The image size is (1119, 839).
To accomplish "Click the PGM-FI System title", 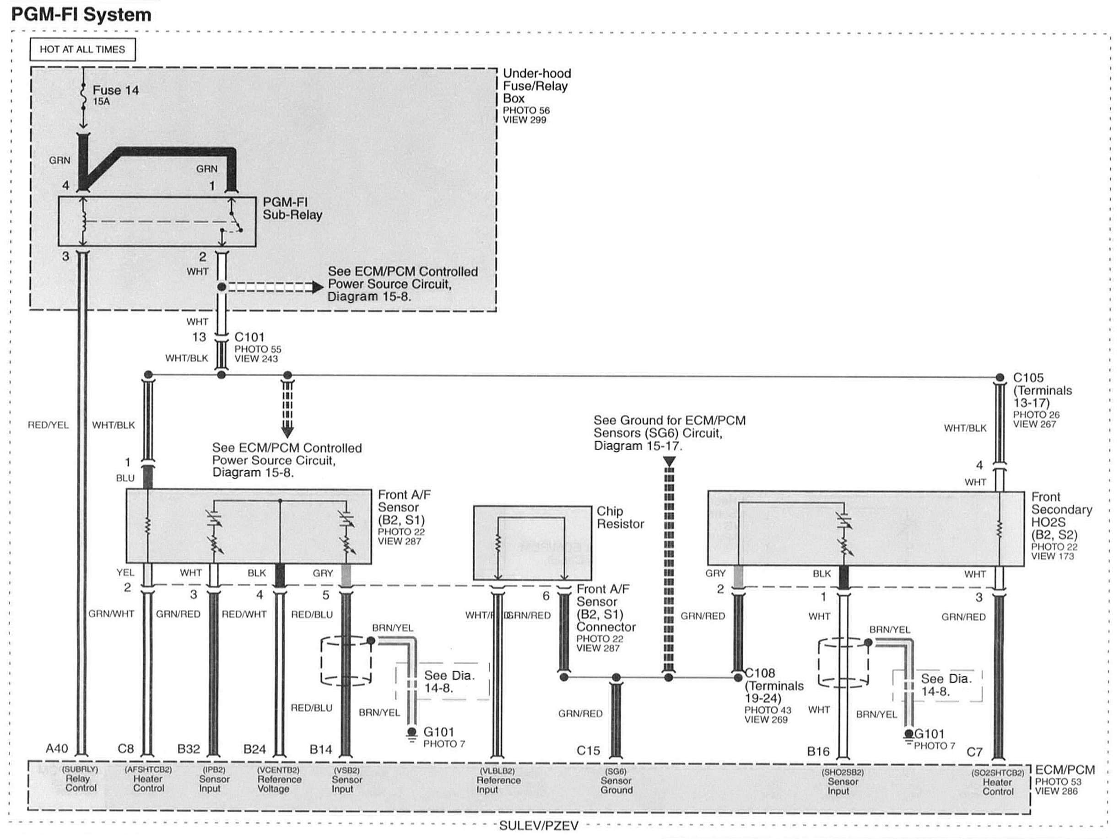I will click(81, 14).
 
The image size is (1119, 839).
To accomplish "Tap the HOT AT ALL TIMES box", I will click(82, 49).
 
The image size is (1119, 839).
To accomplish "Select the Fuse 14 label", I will click(115, 91).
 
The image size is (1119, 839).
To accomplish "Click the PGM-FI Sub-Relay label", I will click(292, 208).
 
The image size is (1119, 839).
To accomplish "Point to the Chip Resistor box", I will click(532, 543).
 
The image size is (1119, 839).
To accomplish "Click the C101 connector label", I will click(249, 337).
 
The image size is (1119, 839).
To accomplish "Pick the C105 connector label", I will click(1028, 378).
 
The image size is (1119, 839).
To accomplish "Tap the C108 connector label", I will click(760, 673).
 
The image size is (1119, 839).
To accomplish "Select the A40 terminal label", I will click(57, 748).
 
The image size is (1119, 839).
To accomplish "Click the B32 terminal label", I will click(189, 749).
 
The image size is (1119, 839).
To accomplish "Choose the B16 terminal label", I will click(818, 752).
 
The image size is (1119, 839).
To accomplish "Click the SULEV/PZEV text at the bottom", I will click(538, 826).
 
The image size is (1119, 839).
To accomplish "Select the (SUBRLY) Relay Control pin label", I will click(80, 779).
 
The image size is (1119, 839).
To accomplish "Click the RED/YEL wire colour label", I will click(48, 425).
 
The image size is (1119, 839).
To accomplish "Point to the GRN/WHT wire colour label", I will click(111, 614).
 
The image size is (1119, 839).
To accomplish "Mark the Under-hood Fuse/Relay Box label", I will click(536, 86).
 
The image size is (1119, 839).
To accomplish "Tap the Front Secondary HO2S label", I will click(1061, 516).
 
